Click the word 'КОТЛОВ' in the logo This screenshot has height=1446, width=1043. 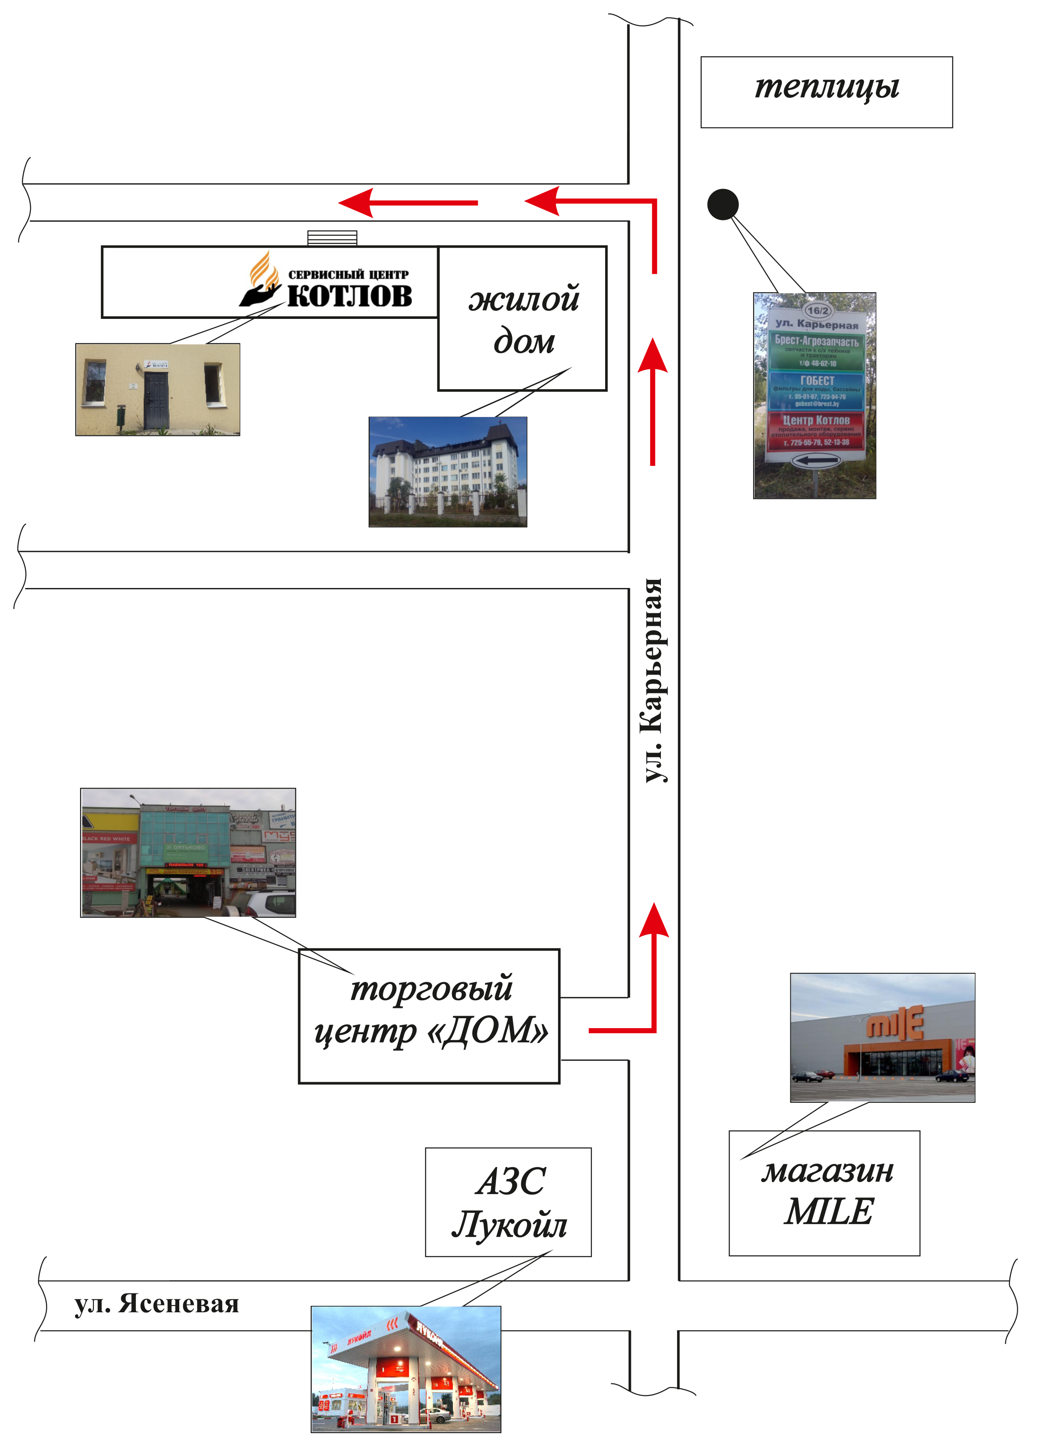350,296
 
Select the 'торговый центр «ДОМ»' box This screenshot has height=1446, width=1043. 429,1016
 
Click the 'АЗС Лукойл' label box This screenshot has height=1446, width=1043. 509,1203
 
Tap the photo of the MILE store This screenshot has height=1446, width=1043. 882,1037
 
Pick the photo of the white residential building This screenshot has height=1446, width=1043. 448,472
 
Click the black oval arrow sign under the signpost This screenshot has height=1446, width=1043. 816,460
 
